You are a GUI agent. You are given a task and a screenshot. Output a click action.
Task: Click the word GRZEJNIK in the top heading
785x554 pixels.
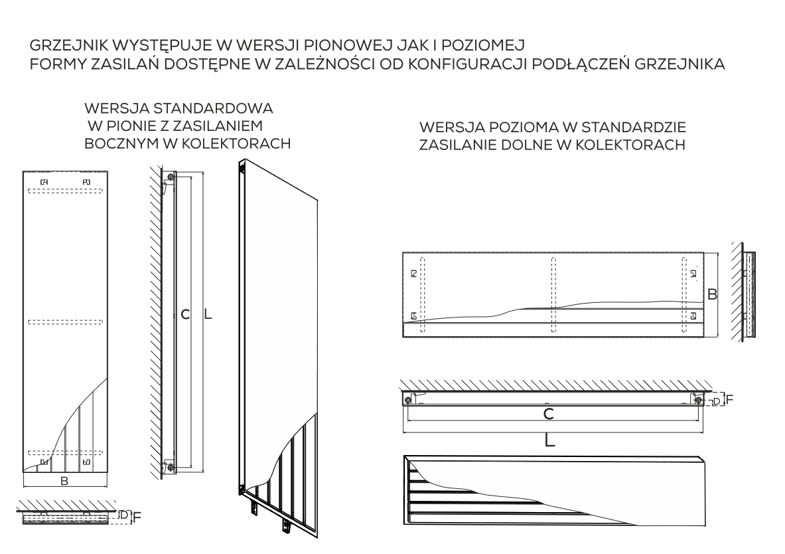click(x=64, y=47)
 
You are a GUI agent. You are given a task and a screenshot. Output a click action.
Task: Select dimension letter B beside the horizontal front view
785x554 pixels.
click(x=712, y=293)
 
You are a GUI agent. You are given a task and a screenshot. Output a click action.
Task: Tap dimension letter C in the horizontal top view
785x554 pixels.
click(x=549, y=414)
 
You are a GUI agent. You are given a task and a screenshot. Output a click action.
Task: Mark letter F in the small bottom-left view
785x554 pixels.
click(x=137, y=516)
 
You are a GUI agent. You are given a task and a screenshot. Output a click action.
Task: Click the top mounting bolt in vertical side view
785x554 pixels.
click(x=171, y=178)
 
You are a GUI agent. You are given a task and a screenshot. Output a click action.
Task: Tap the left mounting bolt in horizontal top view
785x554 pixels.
click(x=407, y=399)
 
